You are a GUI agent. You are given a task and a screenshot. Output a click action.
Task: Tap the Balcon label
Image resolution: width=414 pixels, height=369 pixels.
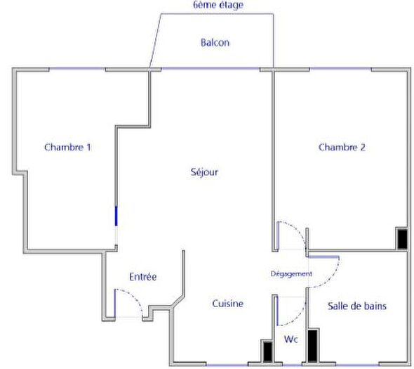click(x=215, y=42)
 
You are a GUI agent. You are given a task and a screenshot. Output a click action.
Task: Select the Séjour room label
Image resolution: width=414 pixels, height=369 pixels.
click(x=203, y=171)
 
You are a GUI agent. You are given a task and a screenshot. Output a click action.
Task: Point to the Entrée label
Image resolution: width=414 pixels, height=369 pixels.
click(x=143, y=277)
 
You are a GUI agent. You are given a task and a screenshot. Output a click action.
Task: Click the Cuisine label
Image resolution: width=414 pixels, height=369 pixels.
click(x=228, y=304)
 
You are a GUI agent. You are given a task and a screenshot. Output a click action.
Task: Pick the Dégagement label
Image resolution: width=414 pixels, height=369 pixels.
click(x=291, y=273)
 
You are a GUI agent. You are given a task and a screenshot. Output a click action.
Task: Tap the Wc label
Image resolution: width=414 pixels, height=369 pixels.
click(x=291, y=339)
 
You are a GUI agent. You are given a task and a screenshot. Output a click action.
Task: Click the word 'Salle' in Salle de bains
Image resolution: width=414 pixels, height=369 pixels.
click(x=339, y=306)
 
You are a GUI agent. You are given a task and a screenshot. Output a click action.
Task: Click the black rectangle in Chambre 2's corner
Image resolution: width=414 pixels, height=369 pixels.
click(x=402, y=239)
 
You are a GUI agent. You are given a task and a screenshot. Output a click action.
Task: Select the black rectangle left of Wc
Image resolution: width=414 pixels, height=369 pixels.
click(x=267, y=351)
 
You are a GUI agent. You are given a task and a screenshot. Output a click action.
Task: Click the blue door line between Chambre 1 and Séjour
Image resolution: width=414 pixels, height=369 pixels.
click(x=116, y=215)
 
